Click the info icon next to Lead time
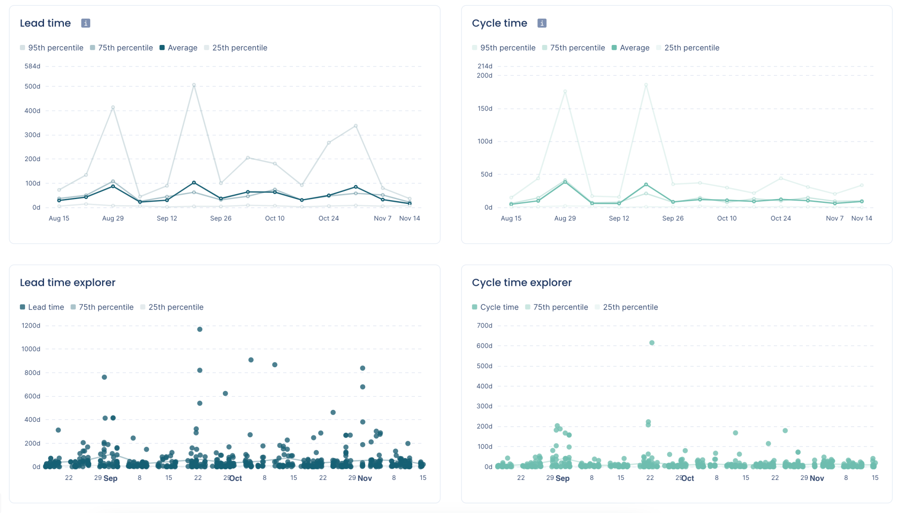[x=85, y=23]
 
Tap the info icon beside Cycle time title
[x=542, y=23]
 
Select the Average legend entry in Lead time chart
[x=178, y=48]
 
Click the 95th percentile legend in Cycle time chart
[x=503, y=48]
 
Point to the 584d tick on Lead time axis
[x=32, y=66]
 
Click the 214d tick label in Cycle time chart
[x=484, y=66]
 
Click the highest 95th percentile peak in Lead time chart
[x=194, y=85]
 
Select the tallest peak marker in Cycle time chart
[x=646, y=85]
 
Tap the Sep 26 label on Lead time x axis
[x=221, y=218]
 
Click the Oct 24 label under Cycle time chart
[x=780, y=218]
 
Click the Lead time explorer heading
[x=67, y=283]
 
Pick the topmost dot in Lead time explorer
[x=200, y=329]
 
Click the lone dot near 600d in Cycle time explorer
[x=652, y=343]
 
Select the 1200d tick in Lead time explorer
[x=31, y=326]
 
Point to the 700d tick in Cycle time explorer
[x=484, y=326]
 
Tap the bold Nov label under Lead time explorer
[x=365, y=478]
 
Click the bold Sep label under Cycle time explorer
[x=562, y=478]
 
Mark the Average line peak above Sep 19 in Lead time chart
[x=194, y=182]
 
